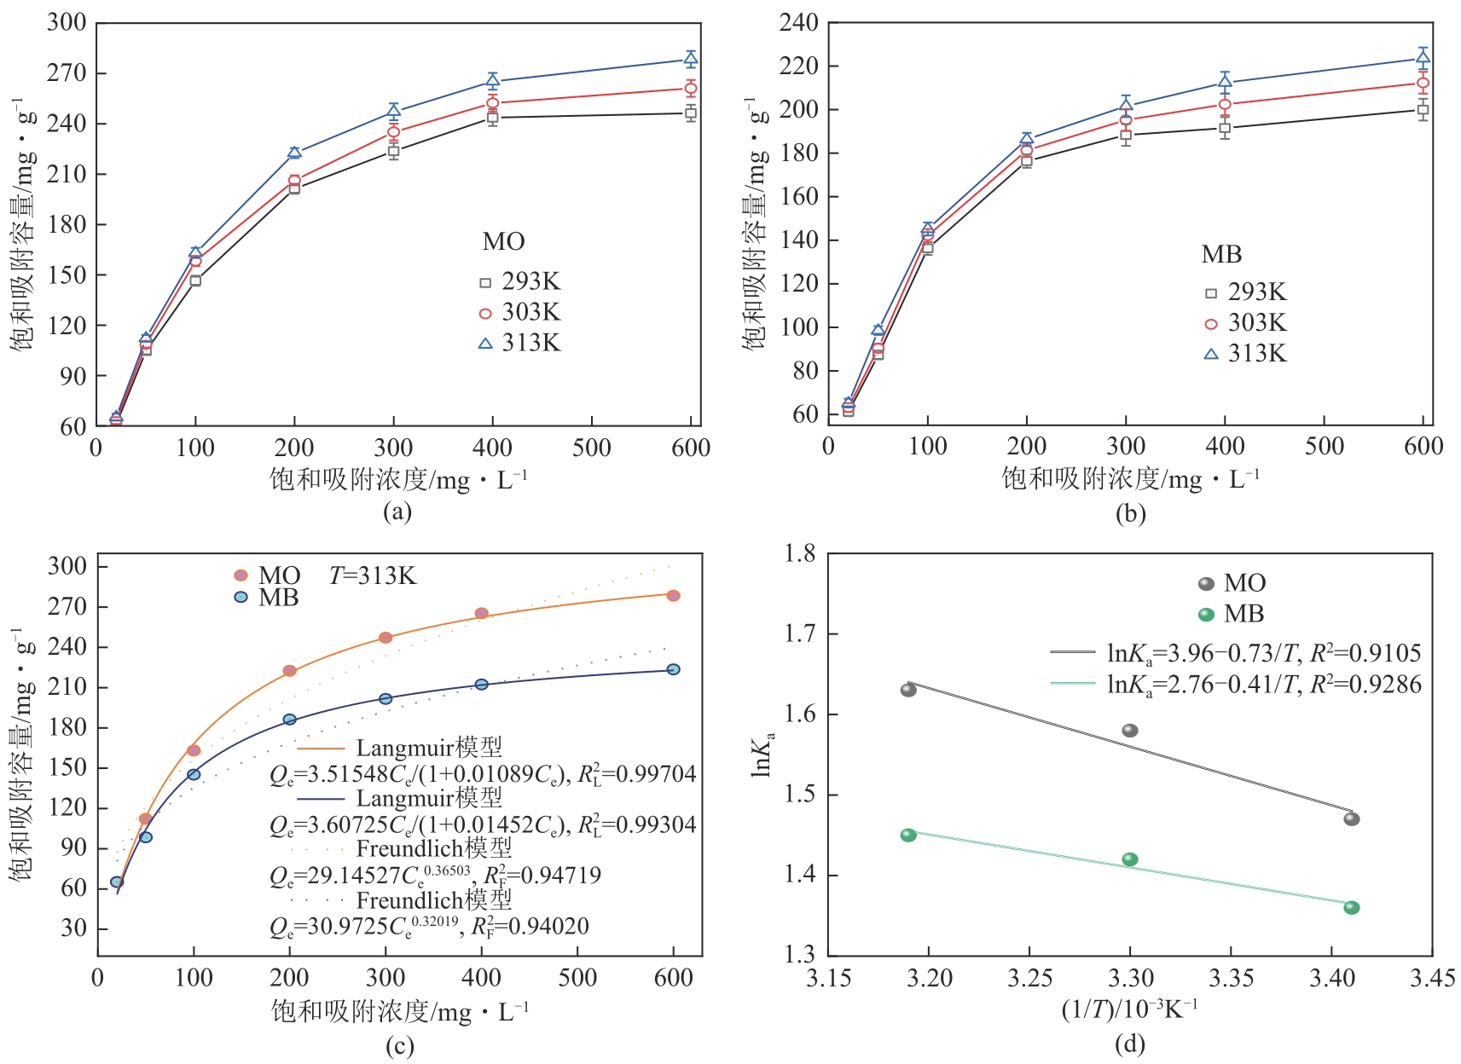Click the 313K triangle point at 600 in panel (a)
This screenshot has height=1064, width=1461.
tap(691, 59)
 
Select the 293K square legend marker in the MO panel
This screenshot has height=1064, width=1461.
tap(485, 282)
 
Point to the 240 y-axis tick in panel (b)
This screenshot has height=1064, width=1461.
tap(798, 22)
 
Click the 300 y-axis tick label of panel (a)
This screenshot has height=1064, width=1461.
tap(67, 22)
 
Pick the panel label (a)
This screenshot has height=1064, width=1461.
tap(397, 512)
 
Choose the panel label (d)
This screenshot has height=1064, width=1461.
tap(1129, 1043)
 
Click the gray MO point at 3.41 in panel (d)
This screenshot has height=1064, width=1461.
tap(1351, 819)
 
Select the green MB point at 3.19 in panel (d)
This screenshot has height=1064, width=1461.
tap(908, 835)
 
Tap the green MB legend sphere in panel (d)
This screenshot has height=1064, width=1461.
tap(1206, 614)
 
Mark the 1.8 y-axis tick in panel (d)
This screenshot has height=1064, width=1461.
tap(799, 554)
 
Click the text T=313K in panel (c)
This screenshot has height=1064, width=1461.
tap(373, 576)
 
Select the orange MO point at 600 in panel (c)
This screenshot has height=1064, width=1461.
tap(673, 596)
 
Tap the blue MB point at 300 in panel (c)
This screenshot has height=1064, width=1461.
tap(386, 699)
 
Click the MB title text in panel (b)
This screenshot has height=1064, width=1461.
tap(1221, 254)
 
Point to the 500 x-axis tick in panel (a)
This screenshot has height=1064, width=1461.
tap(592, 448)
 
